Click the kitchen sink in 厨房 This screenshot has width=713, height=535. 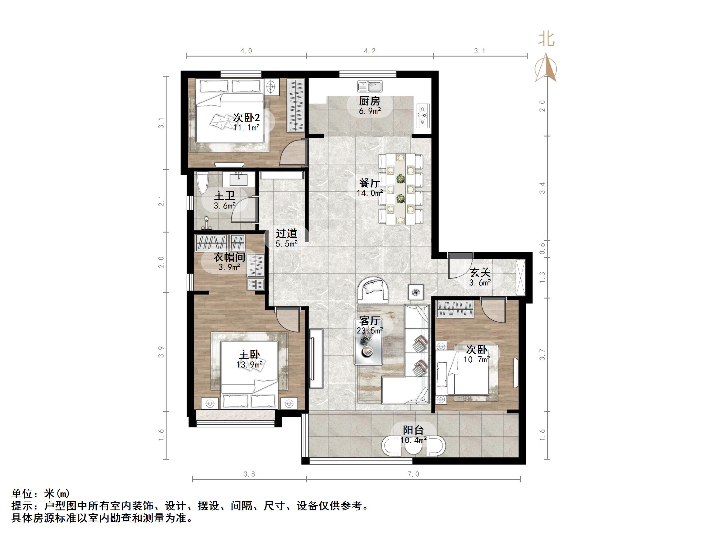(x=370, y=86)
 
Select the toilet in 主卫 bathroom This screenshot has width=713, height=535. (x=203, y=184)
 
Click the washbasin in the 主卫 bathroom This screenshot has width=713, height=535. (x=239, y=179)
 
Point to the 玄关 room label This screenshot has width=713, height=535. (x=480, y=272)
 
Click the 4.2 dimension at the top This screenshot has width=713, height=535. (x=369, y=51)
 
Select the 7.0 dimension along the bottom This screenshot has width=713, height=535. (x=413, y=474)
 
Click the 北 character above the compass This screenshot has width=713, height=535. (x=546, y=40)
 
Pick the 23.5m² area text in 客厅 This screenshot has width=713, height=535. (x=370, y=330)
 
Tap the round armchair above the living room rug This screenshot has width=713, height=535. (x=374, y=289)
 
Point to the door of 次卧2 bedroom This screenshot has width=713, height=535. (x=292, y=154)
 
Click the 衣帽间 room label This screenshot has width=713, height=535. (x=229, y=257)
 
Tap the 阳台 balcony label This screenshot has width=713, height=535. (x=413, y=430)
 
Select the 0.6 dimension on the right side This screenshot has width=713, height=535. (x=542, y=248)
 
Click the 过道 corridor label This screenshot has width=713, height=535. (x=286, y=233)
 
